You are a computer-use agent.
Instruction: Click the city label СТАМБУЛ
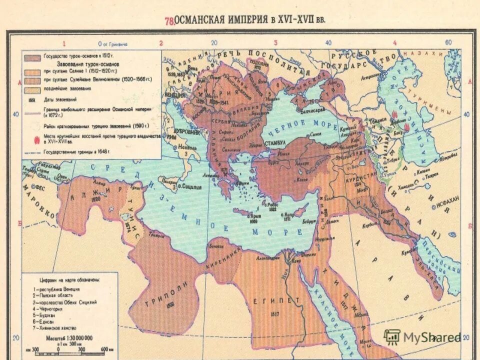coord(275,142)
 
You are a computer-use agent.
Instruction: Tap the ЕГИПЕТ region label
coord(283,299)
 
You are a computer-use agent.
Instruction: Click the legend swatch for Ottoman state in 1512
coord(33,56)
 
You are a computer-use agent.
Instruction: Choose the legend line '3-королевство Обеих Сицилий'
coord(65,302)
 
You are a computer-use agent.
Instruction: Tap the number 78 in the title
coord(169,21)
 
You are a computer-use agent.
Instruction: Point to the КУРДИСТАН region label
coord(365,177)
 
